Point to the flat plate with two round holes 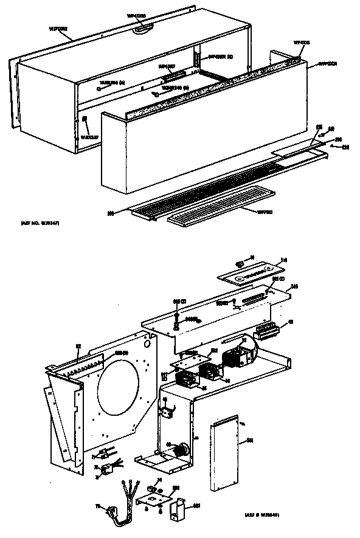coord(251,271)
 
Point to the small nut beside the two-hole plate coord(238,264)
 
